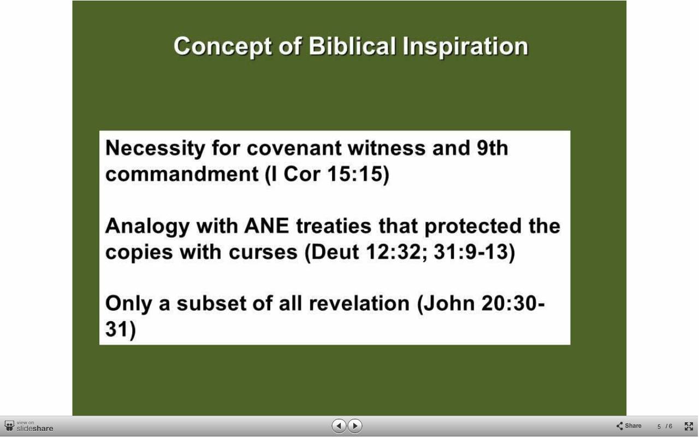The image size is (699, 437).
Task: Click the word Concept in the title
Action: click(223, 46)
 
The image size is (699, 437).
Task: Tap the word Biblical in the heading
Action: click(352, 46)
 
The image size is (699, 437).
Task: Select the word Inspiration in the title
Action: click(465, 46)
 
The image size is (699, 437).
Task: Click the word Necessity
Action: click(155, 148)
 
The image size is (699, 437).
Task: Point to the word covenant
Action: click(294, 148)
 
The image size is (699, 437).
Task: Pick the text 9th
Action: click(493, 147)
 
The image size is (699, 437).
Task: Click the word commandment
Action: click(182, 174)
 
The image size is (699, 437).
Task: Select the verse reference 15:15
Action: click(355, 174)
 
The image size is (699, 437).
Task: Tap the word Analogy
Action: click(147, 227)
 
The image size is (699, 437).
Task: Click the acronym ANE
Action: click(266, 226)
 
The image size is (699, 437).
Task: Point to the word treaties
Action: click(334, 226)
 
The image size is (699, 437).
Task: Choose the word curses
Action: click(263, 252)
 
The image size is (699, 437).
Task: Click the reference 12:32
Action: click(393, 252)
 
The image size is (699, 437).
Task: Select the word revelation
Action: click(359, 303)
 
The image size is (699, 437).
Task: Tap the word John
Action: click(449, 303)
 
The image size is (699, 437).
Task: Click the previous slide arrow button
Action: click(339, 426)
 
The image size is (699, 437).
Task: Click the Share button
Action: click(629, 426)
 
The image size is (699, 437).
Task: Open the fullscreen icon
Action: click(689, 426)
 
